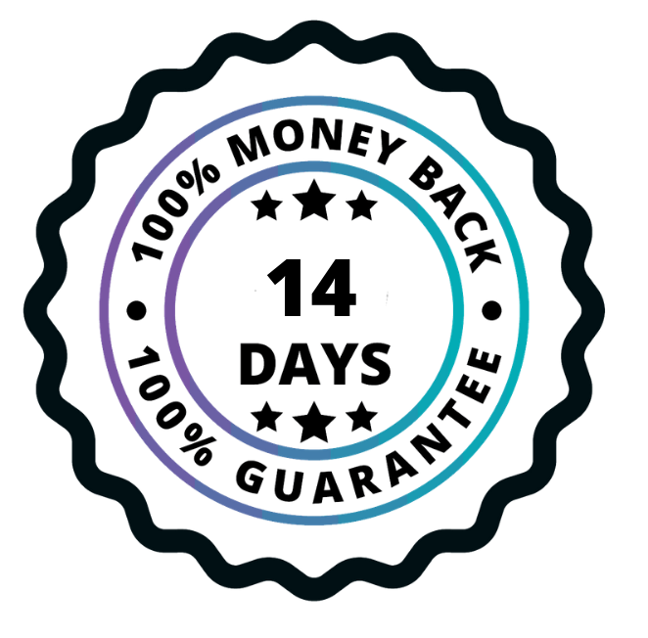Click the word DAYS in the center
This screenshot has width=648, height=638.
[x=315, y=365]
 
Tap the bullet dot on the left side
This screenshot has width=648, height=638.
[x=136, y=311]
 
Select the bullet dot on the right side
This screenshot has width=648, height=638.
[x=492, y=311]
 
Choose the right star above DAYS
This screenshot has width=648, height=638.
[x=361, y=205]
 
